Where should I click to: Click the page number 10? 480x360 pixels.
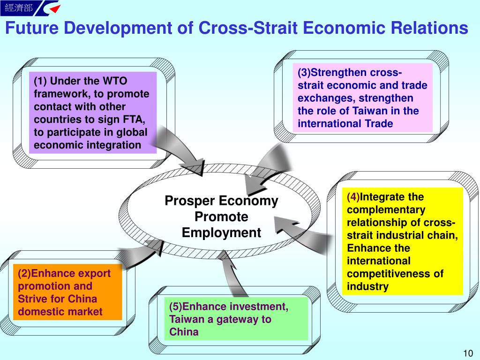468,353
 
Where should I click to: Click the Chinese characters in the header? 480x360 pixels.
19,7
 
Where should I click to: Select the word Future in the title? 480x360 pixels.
32,28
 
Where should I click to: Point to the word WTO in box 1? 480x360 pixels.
115,81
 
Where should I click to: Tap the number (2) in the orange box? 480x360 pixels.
24,273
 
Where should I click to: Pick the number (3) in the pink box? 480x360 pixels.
304,72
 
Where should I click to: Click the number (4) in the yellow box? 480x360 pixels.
353,196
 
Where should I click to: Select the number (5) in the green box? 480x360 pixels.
176,307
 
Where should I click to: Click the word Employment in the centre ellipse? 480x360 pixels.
221,232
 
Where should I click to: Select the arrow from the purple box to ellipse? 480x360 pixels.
179,150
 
